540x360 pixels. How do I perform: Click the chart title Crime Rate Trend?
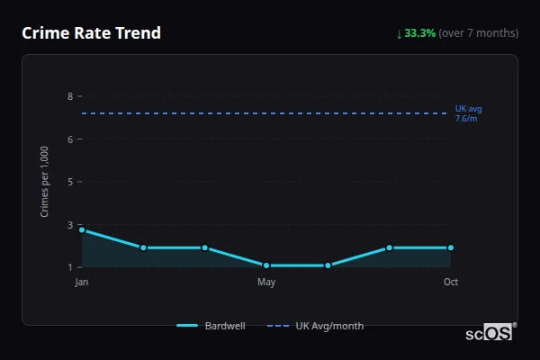[x=91, y=33]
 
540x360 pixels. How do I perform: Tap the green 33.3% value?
[x=420, y=33]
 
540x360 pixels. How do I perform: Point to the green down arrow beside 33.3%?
[x=400, y=33]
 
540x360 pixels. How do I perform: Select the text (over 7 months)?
[x=479, y=33]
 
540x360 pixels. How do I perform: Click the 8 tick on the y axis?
[x=69, y=96]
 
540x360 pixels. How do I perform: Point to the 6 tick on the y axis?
[x=69, y=139]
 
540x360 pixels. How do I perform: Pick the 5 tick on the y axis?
[x=69, y=182]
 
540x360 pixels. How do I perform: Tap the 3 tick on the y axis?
[x=69, y=225]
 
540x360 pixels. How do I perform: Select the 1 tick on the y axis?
[x=69, y=267]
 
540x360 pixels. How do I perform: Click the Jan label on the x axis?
[x=82, y=283]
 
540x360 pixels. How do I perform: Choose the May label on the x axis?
[x=266, y=283]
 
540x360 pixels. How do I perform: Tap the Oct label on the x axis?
[x=451, y=283]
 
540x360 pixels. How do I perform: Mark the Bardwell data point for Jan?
[x=82, y=230]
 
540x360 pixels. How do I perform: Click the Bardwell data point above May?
[x=266, y=265]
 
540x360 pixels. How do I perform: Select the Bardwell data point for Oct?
[x=451, y=247]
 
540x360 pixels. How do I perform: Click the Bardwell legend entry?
[x=211, y=326]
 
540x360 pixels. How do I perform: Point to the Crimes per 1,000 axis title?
[x=45, y=181]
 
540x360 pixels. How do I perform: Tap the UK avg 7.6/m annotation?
[x=468, y=113]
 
